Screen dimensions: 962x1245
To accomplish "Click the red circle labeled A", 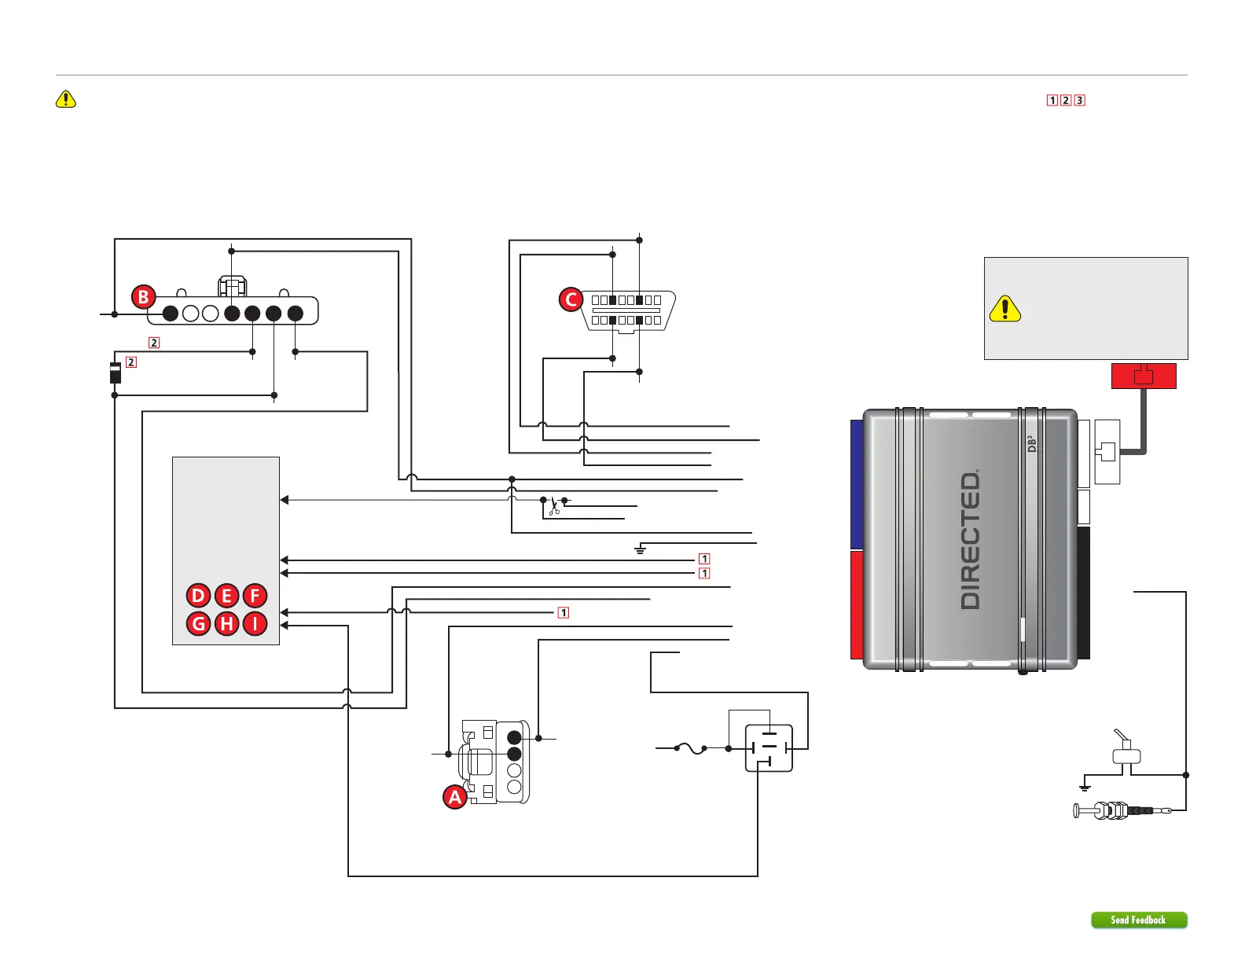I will (455, 797).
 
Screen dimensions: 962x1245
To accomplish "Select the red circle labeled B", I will (143, 297).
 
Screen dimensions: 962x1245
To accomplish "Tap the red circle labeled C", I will (571, 299).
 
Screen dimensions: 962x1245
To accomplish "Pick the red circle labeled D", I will (199, 596).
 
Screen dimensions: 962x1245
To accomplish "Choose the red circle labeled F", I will (255, 596).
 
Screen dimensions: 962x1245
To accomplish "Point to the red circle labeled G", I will (199, 624).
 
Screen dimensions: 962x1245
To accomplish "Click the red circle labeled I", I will (255, 624).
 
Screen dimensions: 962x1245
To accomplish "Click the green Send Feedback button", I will (1138, 920).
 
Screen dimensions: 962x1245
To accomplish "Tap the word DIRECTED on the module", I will (971, 540).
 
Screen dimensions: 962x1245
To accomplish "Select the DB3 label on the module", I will (1032, 444).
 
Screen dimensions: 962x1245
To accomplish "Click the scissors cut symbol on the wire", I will (554, 506).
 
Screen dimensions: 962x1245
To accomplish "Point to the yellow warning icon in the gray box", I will (1004, 309).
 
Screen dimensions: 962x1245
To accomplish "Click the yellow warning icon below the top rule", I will (66, 99).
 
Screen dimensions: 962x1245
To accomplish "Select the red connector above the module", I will (1144, 376).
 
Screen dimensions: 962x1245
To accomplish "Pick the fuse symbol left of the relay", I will (691, 748).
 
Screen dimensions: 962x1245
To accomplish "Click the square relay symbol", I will (769, 748).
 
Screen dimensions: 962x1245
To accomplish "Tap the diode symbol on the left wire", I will (115, 372).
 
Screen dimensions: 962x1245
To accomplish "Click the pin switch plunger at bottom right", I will (1100, 810).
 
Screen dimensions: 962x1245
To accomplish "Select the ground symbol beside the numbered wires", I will (641, 550).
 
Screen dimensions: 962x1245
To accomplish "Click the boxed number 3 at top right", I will (1080, 101).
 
